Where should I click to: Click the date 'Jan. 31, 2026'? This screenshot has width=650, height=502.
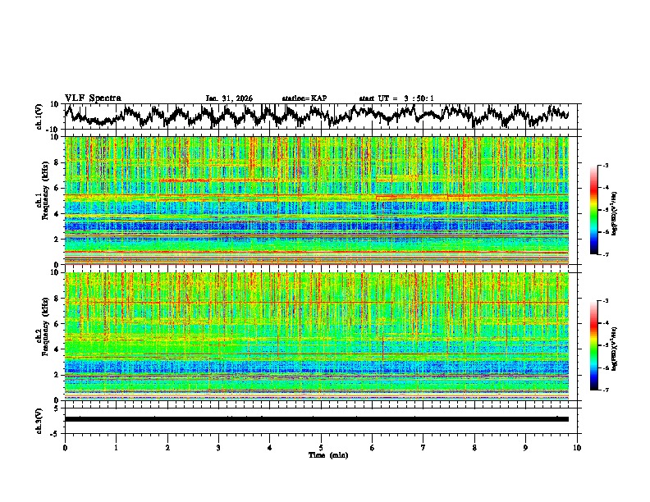click(229, 98)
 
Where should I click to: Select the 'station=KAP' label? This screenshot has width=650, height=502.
click(304, 98)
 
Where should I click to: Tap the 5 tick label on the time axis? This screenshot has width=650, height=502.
click(321, 447)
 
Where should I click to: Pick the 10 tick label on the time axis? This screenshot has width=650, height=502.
click(577, 447)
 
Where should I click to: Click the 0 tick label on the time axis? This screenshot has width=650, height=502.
click(65, 447)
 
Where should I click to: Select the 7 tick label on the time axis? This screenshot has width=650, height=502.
click(423, 447)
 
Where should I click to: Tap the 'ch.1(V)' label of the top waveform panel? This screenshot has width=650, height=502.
click(39, 116)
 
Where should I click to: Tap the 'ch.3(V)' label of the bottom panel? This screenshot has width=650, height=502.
click(39, 418)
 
